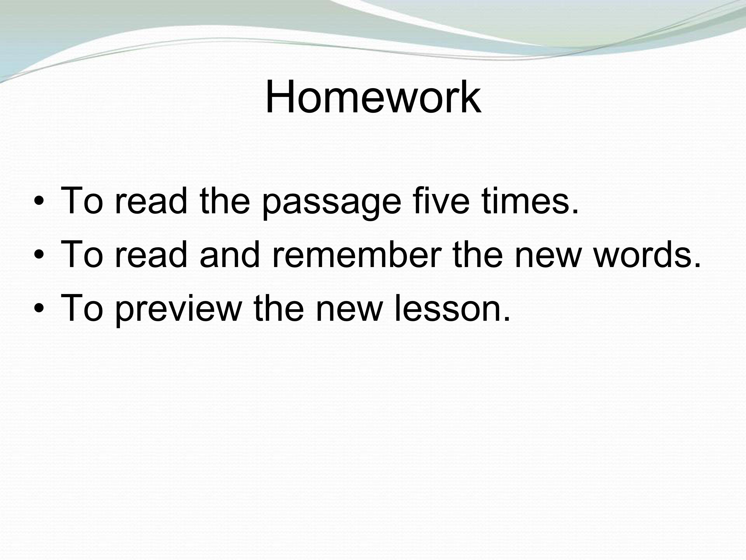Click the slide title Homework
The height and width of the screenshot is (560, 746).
click(x=373, y=97)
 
